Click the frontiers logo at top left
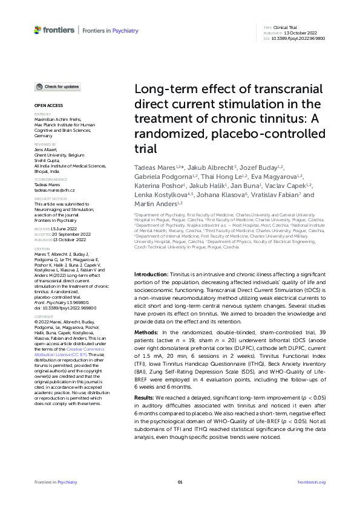point(54,30)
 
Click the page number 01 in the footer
point(180,482)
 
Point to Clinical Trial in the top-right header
point(287,28)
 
